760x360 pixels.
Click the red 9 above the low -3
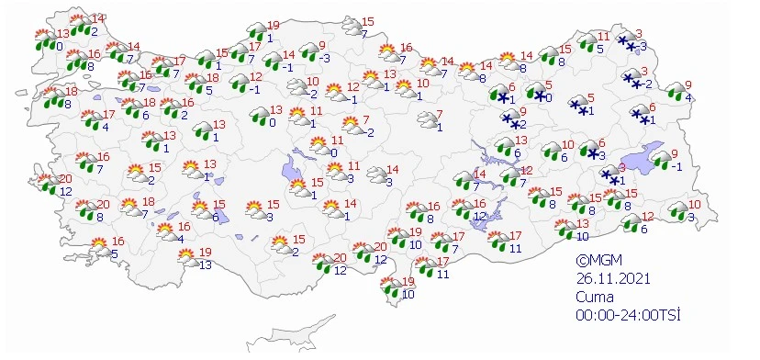321,45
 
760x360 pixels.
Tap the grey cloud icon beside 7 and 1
426,119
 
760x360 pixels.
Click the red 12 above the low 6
647,217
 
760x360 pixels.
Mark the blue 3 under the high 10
690,217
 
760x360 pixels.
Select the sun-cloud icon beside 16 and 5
97,246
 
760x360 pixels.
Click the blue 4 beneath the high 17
106,127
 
